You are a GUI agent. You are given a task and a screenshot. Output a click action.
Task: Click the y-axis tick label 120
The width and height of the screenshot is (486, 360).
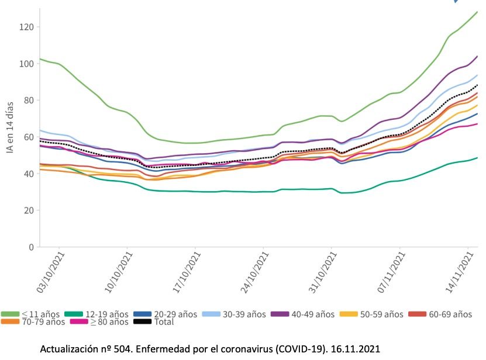tap(26, 27)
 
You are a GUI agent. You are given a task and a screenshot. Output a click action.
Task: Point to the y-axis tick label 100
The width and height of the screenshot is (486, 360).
tap(26, 63)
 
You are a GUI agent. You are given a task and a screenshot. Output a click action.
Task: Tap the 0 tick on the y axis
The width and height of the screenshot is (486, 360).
tap(30, 247)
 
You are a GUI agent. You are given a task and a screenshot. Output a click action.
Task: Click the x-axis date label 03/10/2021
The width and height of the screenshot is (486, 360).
tap(51, 272)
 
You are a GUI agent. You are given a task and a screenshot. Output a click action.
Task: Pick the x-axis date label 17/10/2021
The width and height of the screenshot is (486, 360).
tap(188, 272)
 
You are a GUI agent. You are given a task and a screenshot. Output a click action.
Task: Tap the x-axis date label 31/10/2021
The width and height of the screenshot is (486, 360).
tap(326, 272)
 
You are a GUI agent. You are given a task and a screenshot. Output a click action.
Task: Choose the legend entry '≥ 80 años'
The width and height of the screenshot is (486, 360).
tap(106, 321)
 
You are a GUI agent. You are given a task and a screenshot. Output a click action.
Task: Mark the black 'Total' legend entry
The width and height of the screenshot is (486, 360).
tap(155, 321)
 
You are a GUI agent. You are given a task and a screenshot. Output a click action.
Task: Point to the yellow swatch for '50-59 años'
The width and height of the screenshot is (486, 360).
tap(349, 314)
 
